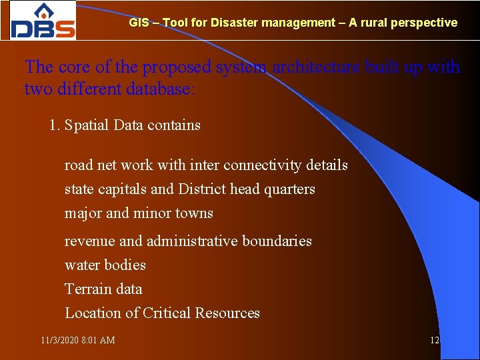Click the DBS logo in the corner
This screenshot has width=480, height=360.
(43, 21)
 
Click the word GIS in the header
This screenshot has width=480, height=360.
(139, 23)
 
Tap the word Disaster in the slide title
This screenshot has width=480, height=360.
(234, 23)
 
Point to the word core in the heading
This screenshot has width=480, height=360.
(73, 67)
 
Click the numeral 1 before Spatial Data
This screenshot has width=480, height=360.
(53, 125)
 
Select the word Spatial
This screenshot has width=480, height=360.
(87, 125)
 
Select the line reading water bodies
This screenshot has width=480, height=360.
(105, 265)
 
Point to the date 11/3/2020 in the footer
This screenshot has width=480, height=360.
(59, 340)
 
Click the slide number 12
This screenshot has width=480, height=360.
(435, 340)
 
